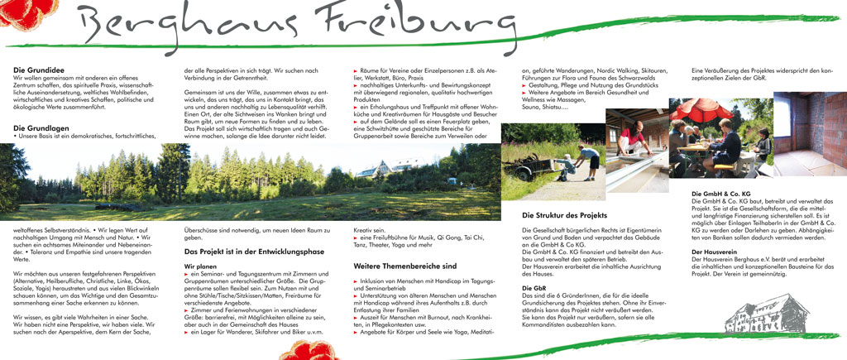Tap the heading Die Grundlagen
pyautogui.click(x=41, y=127)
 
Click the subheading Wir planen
pyautogui.click(x=200, y=266)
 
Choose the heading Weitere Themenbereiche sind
pyautogui.click(x=404, y=266)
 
